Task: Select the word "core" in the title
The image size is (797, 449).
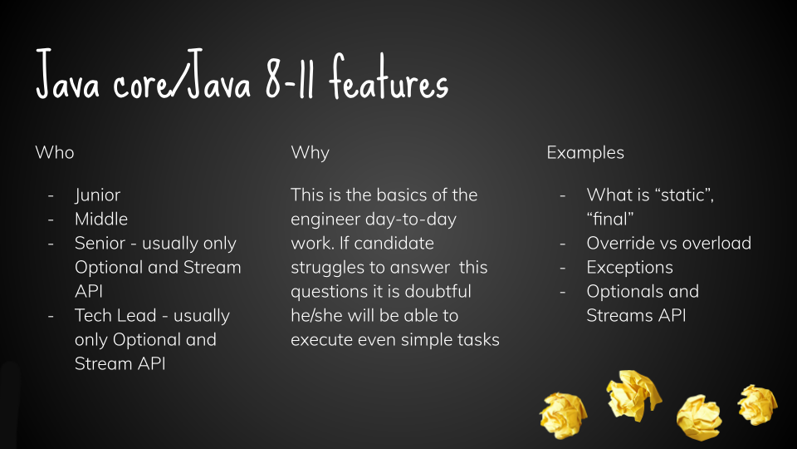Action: (x=142, y=84)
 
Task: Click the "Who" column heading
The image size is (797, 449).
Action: (x=55, y=152)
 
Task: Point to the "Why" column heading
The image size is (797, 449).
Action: (x=310, y=153)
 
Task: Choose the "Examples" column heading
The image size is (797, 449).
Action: (x=585, y=153)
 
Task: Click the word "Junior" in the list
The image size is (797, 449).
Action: (x=98, y=195)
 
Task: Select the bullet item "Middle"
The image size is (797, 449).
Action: (x=101, y=219)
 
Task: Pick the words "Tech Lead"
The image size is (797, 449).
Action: (x=115, y=316)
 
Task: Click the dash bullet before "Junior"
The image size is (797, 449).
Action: (x=51, y=195)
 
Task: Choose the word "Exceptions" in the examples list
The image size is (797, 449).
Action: (x=630, y=268)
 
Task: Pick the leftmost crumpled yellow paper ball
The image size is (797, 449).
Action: (x=564, y=415)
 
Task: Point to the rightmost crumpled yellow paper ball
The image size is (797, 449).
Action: (x=757, y=405)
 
